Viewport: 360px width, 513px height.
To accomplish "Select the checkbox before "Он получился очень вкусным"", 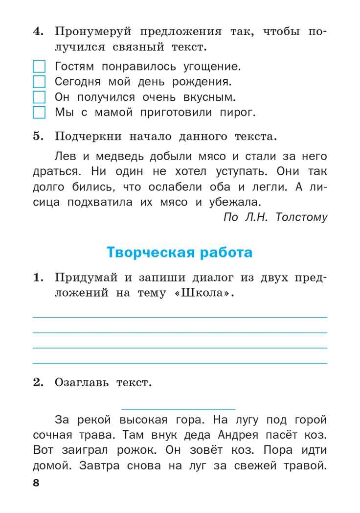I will (39, 97).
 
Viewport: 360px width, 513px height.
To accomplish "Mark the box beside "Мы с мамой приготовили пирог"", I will (39, 113).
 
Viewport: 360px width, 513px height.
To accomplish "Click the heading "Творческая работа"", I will (180, 253).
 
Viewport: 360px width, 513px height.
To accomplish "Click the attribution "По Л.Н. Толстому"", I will (275, 217).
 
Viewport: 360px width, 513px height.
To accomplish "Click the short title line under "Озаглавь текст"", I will (178, 408).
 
